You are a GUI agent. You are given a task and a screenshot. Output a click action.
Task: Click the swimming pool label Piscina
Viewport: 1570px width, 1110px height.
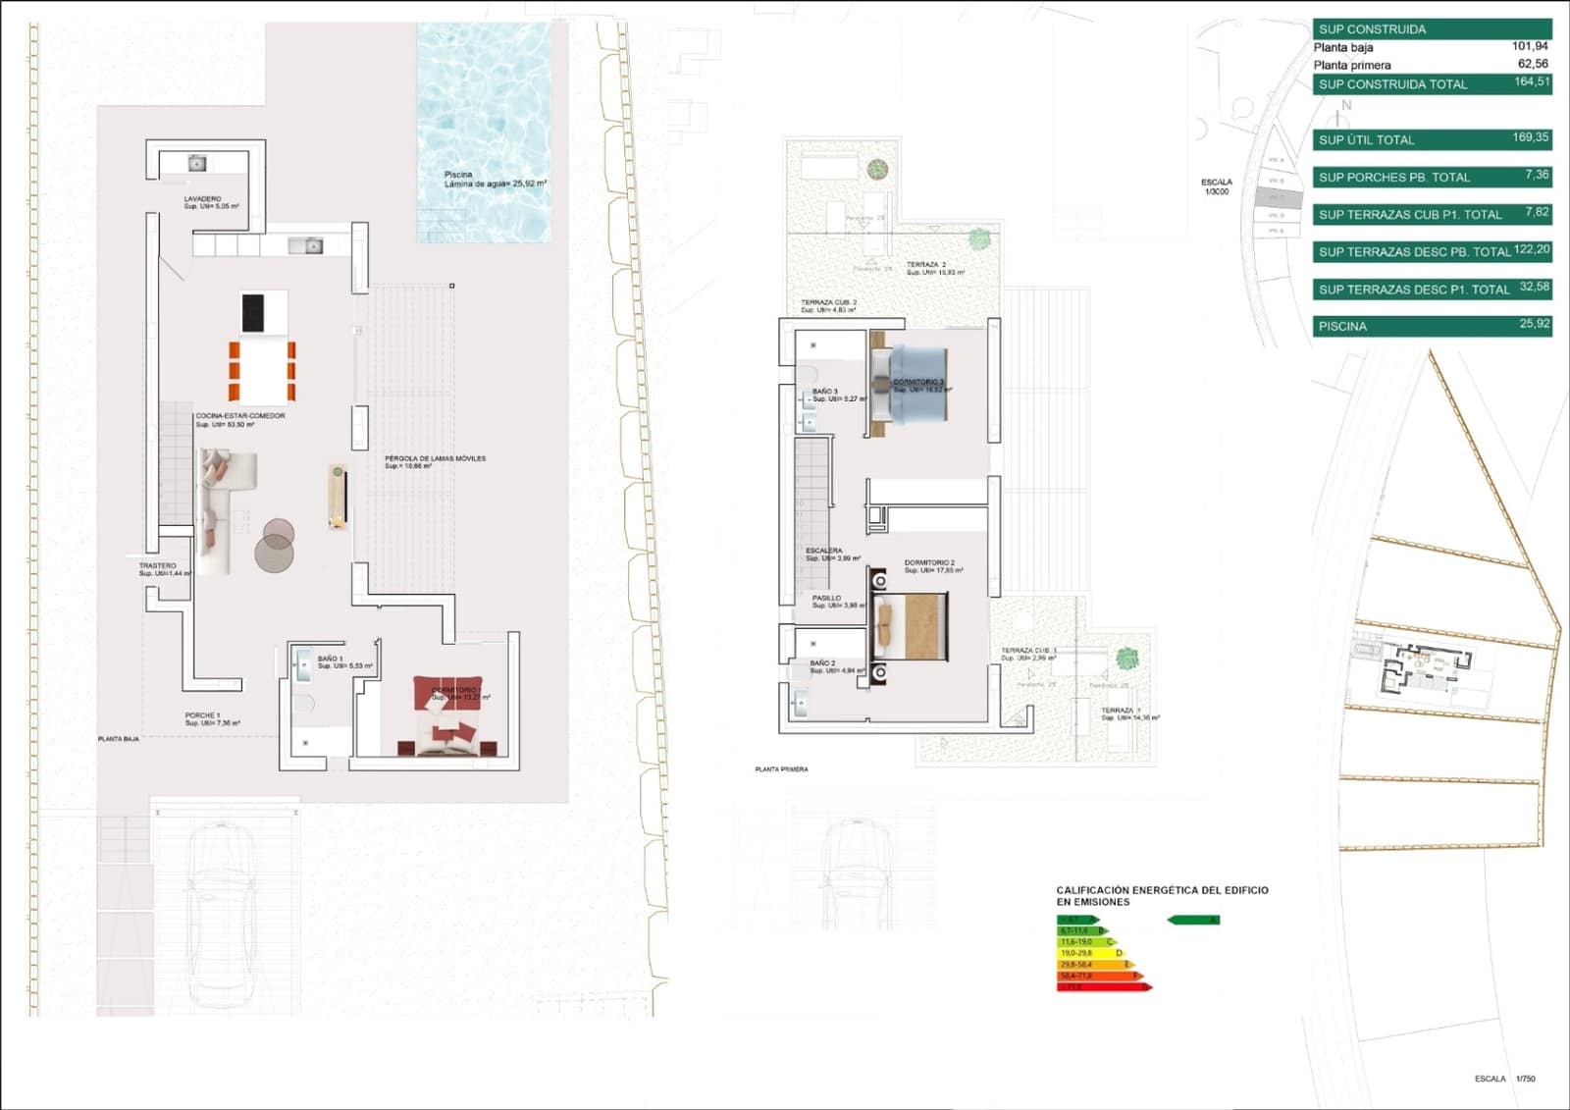[459, 175]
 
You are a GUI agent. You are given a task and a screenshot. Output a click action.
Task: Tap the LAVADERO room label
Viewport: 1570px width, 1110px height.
[203, 199]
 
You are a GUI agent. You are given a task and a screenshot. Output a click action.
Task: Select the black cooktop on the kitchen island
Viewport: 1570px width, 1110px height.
[253, 313]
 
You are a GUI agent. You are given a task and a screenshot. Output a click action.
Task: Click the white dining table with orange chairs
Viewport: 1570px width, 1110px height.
[263, 371]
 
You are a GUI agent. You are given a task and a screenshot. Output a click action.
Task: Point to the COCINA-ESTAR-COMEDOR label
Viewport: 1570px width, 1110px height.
[240, 416]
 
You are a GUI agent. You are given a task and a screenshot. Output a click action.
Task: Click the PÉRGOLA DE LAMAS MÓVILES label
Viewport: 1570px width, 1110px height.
[435, 458]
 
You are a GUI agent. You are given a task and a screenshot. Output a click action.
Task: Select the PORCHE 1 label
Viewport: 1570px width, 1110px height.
[203, 715]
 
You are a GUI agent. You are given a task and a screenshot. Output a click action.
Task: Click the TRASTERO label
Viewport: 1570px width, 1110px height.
[158, 566]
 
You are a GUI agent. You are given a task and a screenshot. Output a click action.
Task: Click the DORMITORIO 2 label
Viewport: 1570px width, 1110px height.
[929, 563]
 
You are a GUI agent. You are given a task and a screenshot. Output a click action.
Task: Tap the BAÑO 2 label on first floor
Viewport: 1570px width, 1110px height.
[823, 663]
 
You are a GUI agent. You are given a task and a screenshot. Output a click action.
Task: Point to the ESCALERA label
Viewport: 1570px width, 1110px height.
[824, 551]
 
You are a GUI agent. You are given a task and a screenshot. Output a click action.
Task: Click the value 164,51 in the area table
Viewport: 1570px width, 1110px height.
[1531, 82]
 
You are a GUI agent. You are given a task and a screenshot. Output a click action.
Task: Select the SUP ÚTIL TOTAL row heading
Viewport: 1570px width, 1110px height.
[1367, 140]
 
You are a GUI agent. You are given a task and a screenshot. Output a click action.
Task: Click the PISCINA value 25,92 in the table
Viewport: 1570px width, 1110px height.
[1534, 324]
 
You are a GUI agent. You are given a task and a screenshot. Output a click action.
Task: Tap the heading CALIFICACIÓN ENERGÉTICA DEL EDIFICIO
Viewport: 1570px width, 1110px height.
[1162, 890]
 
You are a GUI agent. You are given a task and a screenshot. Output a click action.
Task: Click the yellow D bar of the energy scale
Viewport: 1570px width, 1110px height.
[1090, 953]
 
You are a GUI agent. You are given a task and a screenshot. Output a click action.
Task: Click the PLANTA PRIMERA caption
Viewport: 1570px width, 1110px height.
[782, 769]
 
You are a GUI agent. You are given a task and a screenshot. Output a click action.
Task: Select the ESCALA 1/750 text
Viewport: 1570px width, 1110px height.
[1504, 1079]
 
